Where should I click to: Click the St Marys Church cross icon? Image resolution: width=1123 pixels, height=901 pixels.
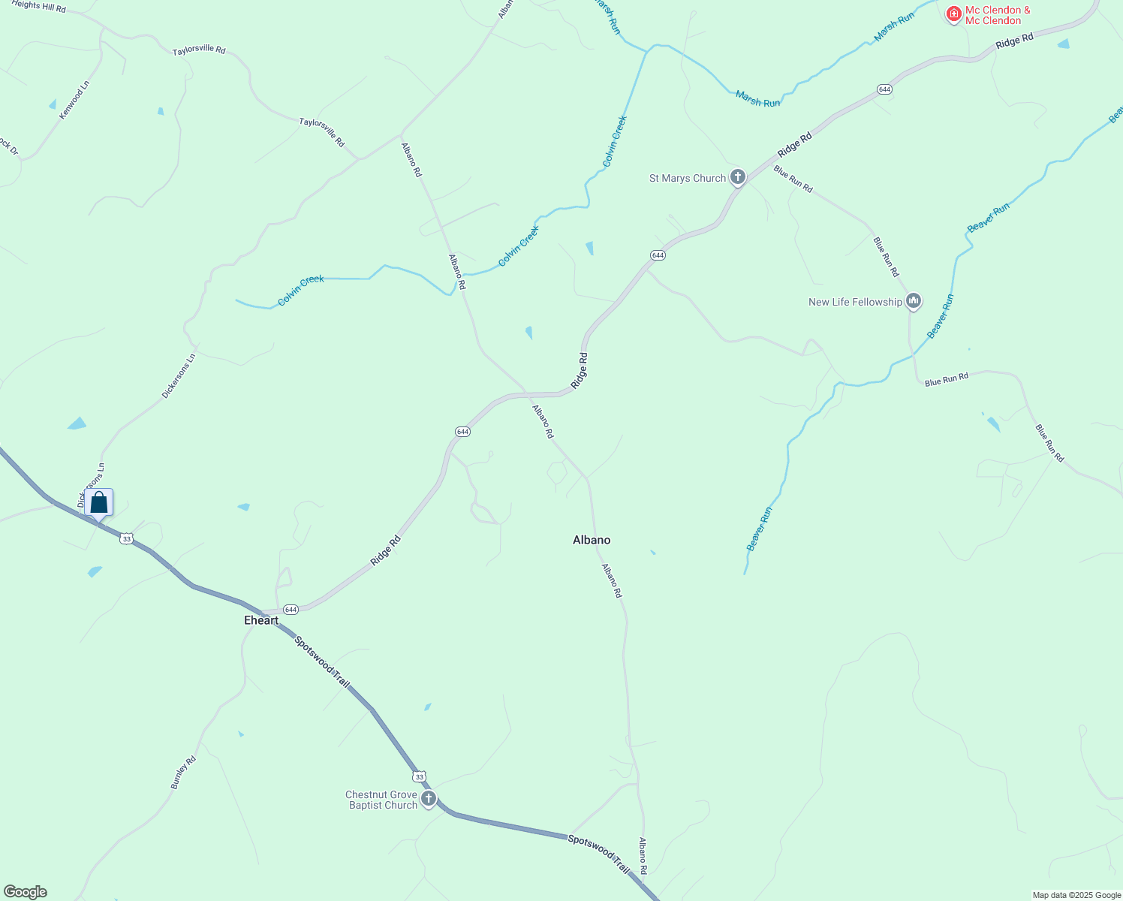pos(738,177)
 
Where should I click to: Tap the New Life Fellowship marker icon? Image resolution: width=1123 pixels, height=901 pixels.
pos(914,302)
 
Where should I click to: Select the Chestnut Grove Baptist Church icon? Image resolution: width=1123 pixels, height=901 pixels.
pos(429,799)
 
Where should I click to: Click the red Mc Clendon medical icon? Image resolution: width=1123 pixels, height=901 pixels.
pos(953,14)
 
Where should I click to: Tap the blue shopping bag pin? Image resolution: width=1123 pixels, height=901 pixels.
pos(99,502)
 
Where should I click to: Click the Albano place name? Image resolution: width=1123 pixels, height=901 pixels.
pos(592,540)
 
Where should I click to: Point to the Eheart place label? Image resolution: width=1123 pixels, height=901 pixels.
pos(261,620)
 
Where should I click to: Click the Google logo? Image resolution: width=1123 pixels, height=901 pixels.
pos(26,892)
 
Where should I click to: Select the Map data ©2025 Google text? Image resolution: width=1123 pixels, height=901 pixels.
pos(1076,895)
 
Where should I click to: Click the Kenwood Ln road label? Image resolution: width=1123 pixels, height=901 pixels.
pos(74,101)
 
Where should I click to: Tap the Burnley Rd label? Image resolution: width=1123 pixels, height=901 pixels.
pos(183,773)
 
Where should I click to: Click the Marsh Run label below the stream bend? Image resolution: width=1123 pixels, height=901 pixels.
pos(757,99)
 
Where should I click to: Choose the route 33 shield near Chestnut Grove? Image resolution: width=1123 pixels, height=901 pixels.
pos(419,776)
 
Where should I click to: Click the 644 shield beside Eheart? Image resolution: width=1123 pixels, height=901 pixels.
pos(291,609)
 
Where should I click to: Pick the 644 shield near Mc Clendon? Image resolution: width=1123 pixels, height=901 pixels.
pos(884,89)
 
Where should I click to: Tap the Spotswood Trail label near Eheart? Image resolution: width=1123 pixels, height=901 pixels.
pos(322,662)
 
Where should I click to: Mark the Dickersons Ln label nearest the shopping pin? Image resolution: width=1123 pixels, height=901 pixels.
pos(91,484)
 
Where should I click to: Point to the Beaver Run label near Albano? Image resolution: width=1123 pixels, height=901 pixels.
pos(760,529)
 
